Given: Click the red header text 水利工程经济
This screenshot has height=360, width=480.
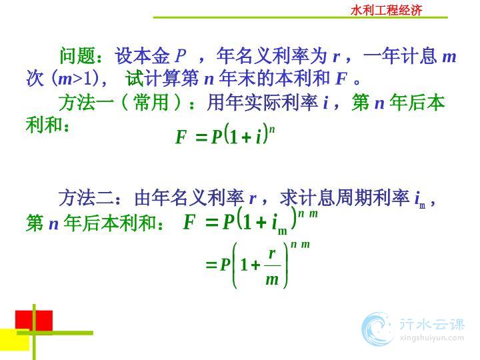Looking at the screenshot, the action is [386, 10].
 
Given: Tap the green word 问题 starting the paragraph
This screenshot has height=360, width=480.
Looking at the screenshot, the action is [77, 56].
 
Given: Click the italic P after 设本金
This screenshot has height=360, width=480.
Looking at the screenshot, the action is [181, 56].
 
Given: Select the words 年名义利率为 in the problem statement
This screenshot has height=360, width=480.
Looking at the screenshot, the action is [272, 56].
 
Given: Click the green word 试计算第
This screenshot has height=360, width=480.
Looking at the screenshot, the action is [162, 79].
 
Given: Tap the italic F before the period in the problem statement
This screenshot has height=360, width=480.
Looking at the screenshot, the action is [341, 79].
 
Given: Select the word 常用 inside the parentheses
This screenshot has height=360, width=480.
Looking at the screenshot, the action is [151, 102].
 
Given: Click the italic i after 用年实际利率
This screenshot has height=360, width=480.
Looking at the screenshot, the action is [326, 103].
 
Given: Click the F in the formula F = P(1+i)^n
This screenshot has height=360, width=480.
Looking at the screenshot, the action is [181, 137].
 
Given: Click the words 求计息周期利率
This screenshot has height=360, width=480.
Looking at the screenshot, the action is [345, 198].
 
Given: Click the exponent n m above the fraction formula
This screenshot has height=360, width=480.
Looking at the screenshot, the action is [300, 245].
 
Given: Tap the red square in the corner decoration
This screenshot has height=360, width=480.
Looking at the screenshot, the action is [34, 320].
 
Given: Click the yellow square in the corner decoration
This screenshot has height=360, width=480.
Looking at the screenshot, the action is [15, 340].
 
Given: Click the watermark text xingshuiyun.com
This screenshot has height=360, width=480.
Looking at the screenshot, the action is [431, 338].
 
